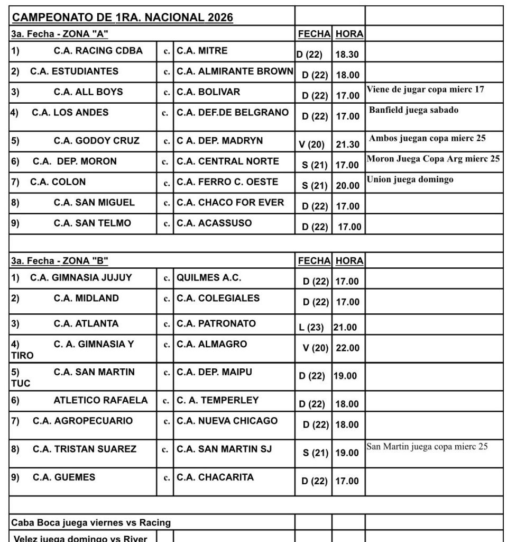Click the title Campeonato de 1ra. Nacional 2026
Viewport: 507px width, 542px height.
tap(123, 17)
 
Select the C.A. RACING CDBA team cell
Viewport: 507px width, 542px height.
tap(98, 51)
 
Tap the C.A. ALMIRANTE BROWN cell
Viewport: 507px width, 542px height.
tap(235, 71)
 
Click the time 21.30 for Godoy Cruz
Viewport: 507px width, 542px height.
tap(348, 144)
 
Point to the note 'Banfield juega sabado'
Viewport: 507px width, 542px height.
tap(414, 110)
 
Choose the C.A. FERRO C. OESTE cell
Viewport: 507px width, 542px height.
tap(227, 182)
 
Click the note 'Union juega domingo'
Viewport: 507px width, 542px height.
tap(410, 179)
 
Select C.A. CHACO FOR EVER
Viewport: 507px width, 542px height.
tap(231, 202)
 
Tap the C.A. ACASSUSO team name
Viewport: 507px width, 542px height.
tap(214, 223)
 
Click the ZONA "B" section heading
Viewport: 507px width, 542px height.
tap(60, 261)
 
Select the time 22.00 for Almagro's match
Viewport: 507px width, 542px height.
tap(347, 348)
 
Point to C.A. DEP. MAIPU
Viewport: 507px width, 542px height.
tap(215, 372)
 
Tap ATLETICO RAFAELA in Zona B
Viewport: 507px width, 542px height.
tap(100, 400)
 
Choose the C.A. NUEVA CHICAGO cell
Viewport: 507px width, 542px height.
tap(227, 421)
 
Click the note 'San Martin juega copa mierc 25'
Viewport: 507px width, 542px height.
tap(427, 446)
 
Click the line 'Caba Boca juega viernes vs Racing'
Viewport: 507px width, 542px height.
tap(91, 522)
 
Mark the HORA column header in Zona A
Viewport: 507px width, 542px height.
tap(349, 34)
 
